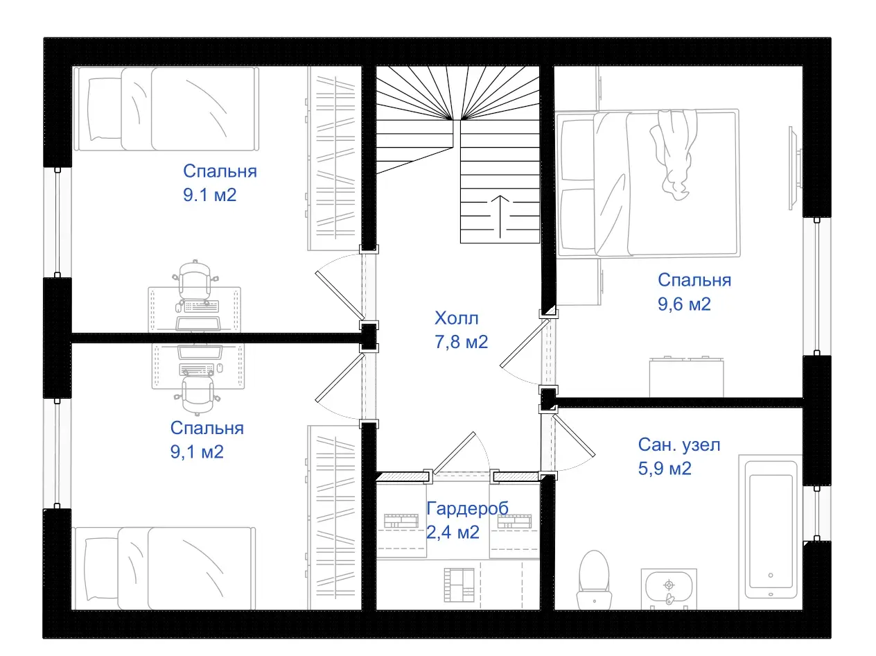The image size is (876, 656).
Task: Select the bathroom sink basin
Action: tap(668, 587)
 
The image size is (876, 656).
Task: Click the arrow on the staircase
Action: tap(500, 216)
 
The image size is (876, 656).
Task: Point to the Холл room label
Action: tap(456, 318)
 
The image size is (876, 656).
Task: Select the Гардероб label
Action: tap(467, 508)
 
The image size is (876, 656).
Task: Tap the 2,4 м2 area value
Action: tap(453, 532)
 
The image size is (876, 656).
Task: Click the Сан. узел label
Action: tap(679, 444)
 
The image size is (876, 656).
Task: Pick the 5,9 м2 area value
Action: tap(665, 468)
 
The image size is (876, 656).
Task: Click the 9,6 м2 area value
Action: tap(684, 304)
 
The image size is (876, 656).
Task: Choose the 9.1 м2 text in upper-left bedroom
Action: tap(210, 195)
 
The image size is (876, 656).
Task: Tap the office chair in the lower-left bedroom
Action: tap(198, 394)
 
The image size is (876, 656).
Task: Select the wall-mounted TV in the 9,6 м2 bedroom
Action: tap(794, 166)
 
